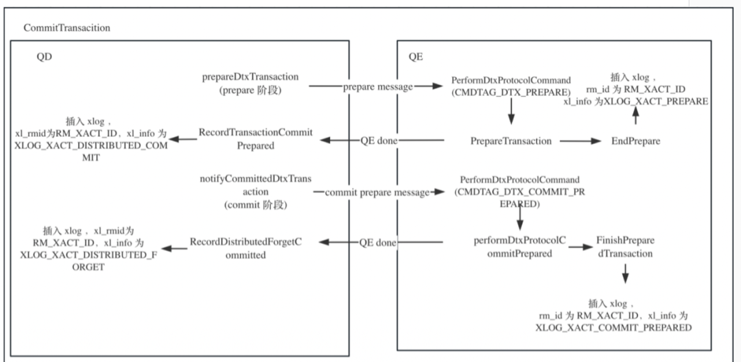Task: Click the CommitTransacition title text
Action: coord(67,28)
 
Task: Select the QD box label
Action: coord(44,57)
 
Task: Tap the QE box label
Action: coord(416,57)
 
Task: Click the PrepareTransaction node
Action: coord(510,141)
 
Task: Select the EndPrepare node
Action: coord(635,141)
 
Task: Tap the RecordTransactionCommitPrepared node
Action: coord(255,138)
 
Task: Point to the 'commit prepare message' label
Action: coord(377,193)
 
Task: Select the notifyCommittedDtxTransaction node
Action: coord(255,192)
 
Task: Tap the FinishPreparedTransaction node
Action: coord(625,248)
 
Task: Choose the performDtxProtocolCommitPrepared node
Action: coord(519,248)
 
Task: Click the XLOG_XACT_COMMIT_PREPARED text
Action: coord(613,328)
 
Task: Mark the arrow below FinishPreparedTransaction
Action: coord(625,274)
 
